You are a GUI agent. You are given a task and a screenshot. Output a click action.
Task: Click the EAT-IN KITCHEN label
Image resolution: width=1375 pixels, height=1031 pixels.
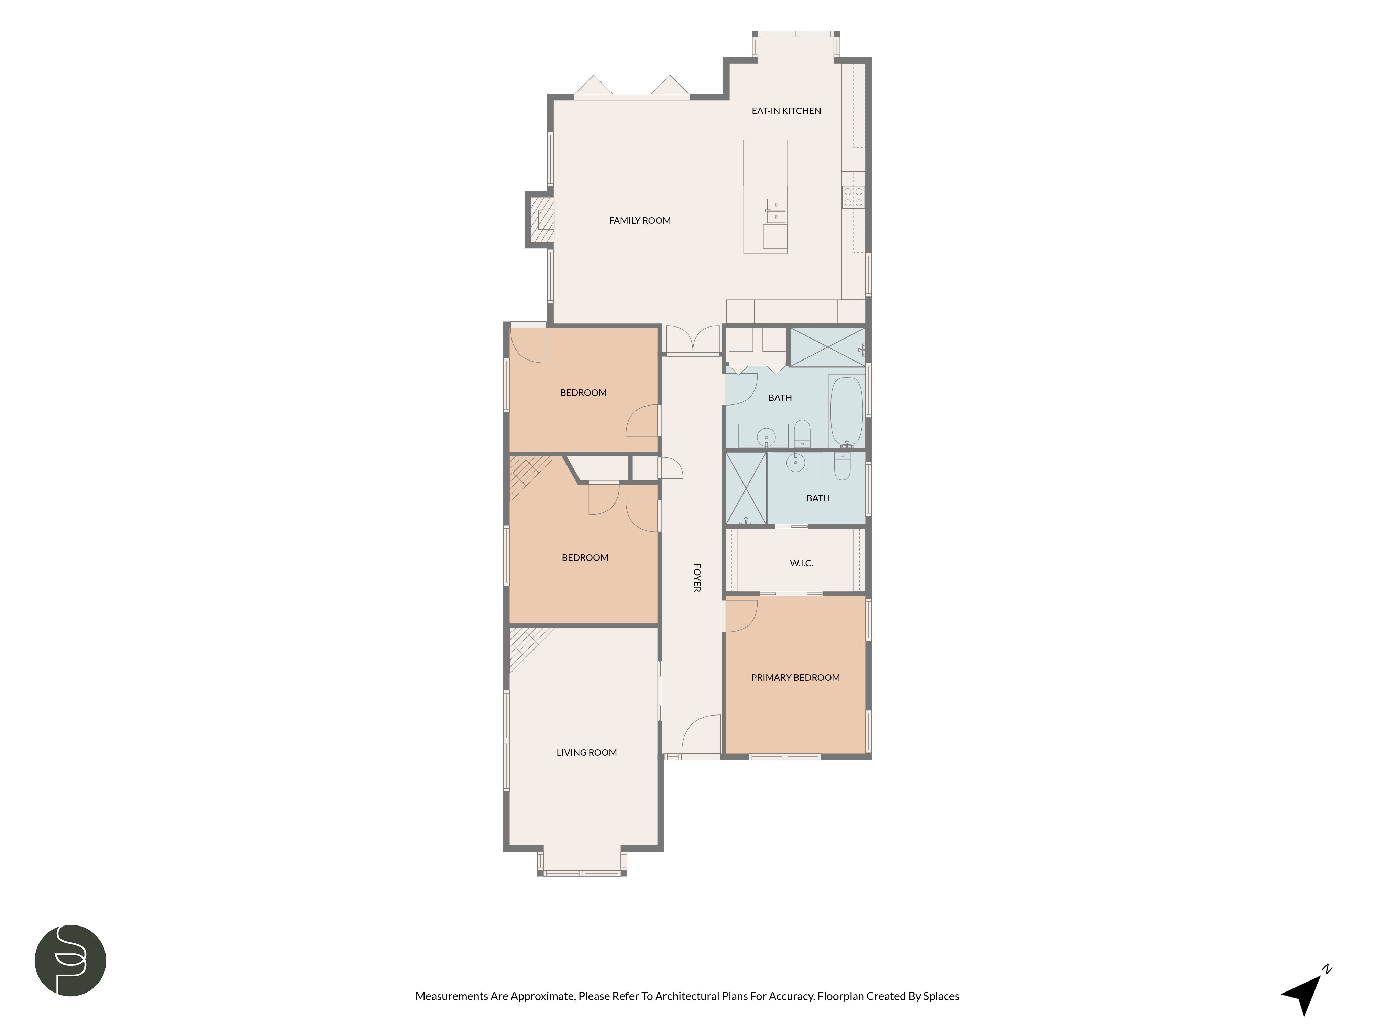tap(786, 111)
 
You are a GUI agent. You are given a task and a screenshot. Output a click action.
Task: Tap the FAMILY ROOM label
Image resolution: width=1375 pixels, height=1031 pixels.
tap(640, 220)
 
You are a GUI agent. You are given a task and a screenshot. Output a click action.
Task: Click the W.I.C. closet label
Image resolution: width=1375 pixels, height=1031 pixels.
tap(801, 563)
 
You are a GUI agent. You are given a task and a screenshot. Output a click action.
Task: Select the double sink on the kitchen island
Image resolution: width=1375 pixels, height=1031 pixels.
tap(776, 211)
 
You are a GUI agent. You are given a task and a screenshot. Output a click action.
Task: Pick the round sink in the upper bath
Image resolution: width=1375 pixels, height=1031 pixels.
tap(766, 437)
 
